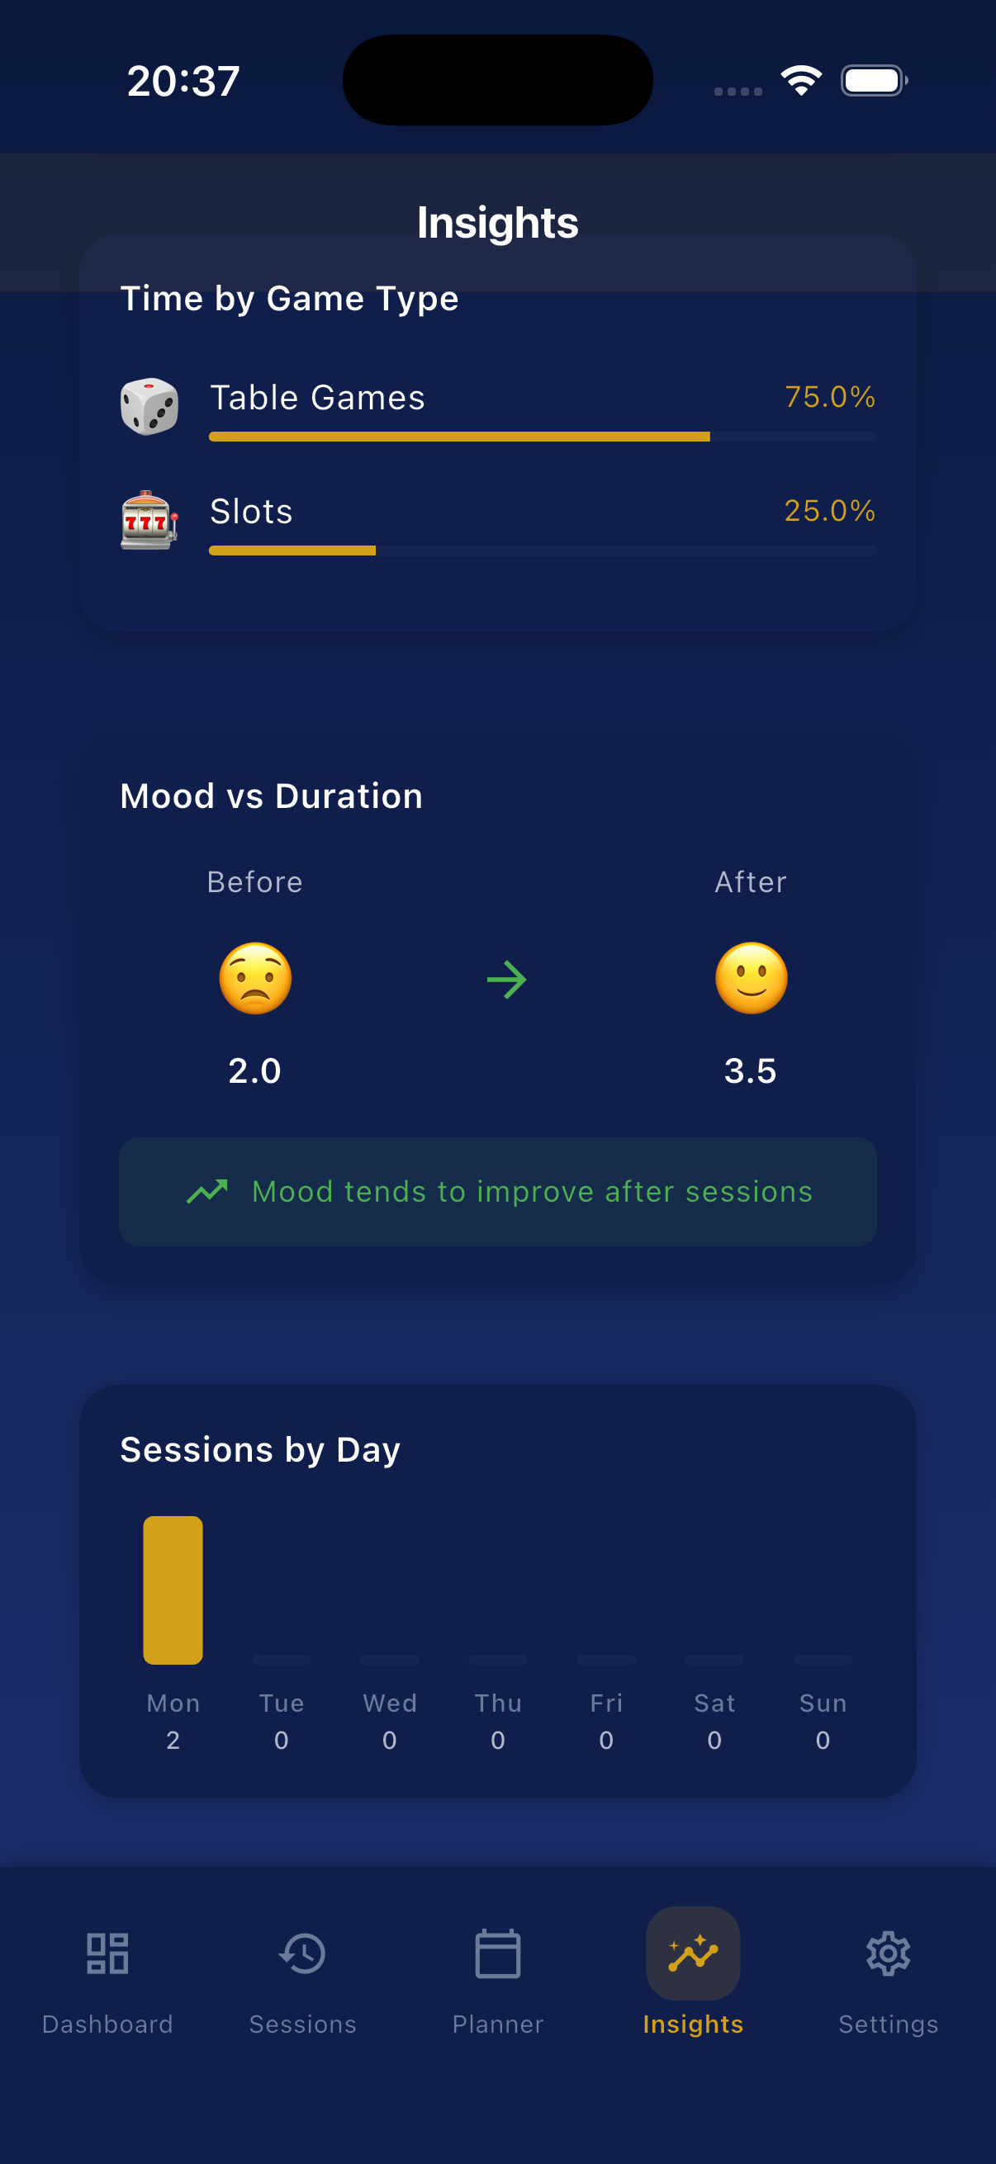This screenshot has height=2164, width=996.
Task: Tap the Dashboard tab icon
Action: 107,1954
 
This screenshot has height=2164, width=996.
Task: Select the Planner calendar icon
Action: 497,1954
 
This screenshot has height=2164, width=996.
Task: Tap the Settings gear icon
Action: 889,1954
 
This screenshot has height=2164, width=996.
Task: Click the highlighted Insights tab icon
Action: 693,1954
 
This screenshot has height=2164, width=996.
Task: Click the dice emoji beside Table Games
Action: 149,407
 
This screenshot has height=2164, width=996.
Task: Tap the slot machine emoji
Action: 149,520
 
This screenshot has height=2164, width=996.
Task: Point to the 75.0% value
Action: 829,396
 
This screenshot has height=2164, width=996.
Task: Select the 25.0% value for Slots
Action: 829,511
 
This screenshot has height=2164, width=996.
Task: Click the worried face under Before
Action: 255,979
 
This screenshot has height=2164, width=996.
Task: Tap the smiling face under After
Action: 752,979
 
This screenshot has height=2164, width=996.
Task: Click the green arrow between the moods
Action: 507,980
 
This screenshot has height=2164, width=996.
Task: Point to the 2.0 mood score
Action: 254,1071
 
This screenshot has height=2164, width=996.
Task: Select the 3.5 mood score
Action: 751,1071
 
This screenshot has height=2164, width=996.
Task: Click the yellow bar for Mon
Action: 173,1590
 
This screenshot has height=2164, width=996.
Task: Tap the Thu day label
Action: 497,1703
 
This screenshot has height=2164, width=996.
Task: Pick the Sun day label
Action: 823,1703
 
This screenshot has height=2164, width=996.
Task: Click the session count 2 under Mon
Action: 173,1740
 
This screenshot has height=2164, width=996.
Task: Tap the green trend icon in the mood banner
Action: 206,1191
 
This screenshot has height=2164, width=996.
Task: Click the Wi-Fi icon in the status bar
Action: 801,81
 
